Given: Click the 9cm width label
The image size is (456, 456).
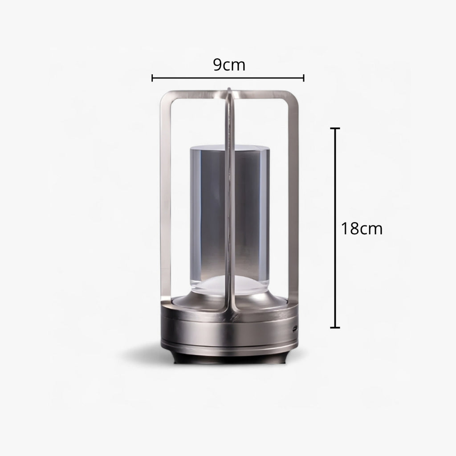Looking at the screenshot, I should click(x=229, y=65).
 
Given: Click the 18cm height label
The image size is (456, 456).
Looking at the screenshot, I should click(x=362, y=228).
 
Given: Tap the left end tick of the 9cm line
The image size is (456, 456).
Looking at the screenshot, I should click(x=153, y=78).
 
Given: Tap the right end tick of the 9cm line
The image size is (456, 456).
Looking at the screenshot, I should click(x=304, y=78).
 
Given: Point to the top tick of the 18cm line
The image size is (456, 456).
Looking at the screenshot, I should click(x=335, y=129).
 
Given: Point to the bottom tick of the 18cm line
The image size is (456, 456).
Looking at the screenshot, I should click(x=335, y=327).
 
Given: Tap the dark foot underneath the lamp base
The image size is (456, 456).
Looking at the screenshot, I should click(x=228, y=358).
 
